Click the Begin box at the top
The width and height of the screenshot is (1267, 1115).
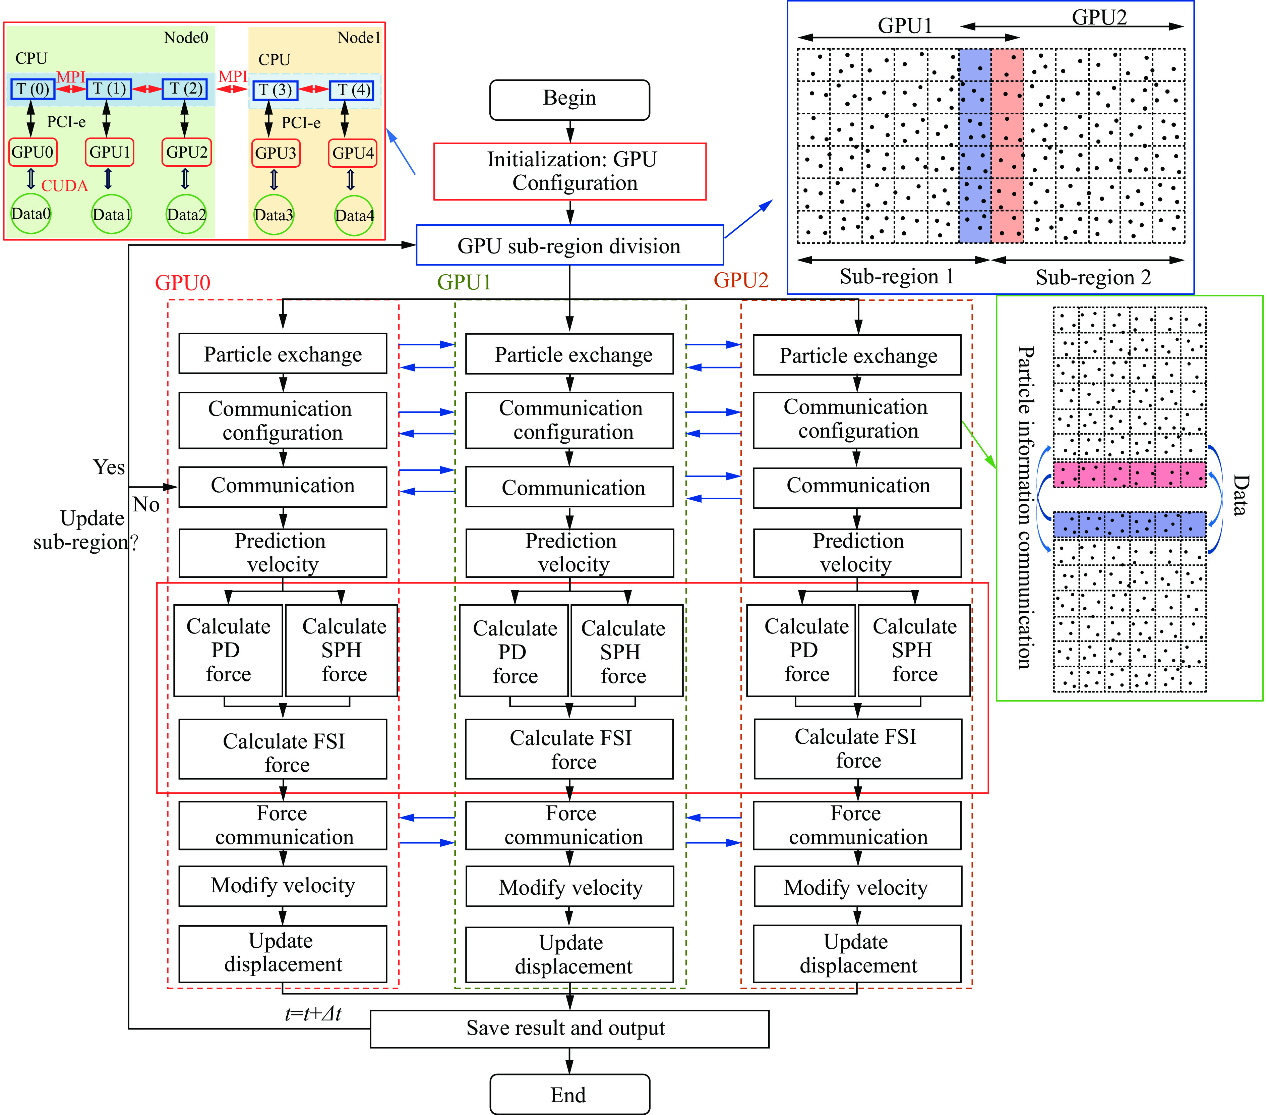pos(569,99)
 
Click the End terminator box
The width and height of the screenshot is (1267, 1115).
pos(569,1095)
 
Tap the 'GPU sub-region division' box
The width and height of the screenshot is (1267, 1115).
pos(569,245)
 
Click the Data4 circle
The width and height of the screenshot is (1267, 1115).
pos(354,215)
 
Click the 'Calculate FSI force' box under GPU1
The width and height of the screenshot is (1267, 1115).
pos(569,749)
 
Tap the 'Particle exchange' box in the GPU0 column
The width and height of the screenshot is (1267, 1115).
pos(283,354)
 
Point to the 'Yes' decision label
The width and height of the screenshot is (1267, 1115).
pos(109,467)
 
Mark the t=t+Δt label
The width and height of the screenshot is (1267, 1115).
pos(313,1013)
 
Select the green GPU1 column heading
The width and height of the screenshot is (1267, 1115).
pos(464,282)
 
